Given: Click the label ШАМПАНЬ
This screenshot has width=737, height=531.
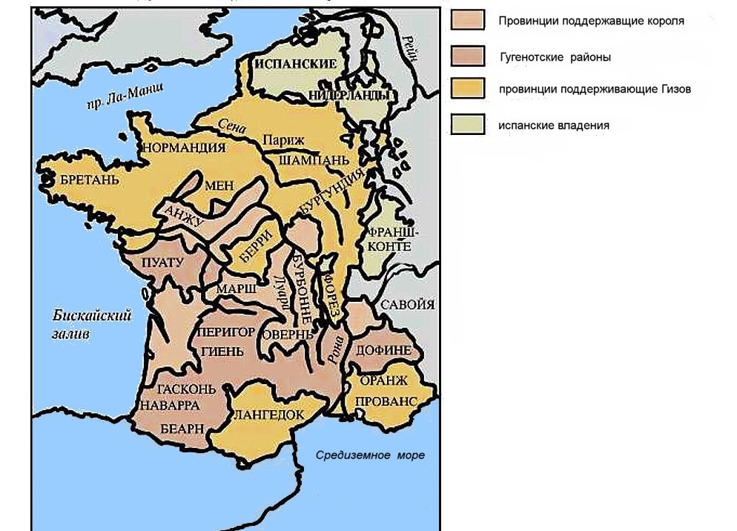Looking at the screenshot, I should click(304, 160).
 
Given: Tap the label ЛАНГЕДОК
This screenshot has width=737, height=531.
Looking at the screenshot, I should click(269, 415).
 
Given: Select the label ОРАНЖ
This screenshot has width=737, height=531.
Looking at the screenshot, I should click(383, 380).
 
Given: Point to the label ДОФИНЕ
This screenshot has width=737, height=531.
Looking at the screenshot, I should click(384, 349).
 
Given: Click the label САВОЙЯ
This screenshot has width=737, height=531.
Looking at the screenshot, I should click(407, 304).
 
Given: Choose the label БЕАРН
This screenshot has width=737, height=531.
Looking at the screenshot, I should click(179, 429).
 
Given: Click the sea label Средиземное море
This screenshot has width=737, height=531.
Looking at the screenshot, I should click(370, 455).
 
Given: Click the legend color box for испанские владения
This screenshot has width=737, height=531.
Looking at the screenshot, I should click(467, 125).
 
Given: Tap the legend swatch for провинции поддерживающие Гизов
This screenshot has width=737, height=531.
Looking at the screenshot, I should click(467, 89).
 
